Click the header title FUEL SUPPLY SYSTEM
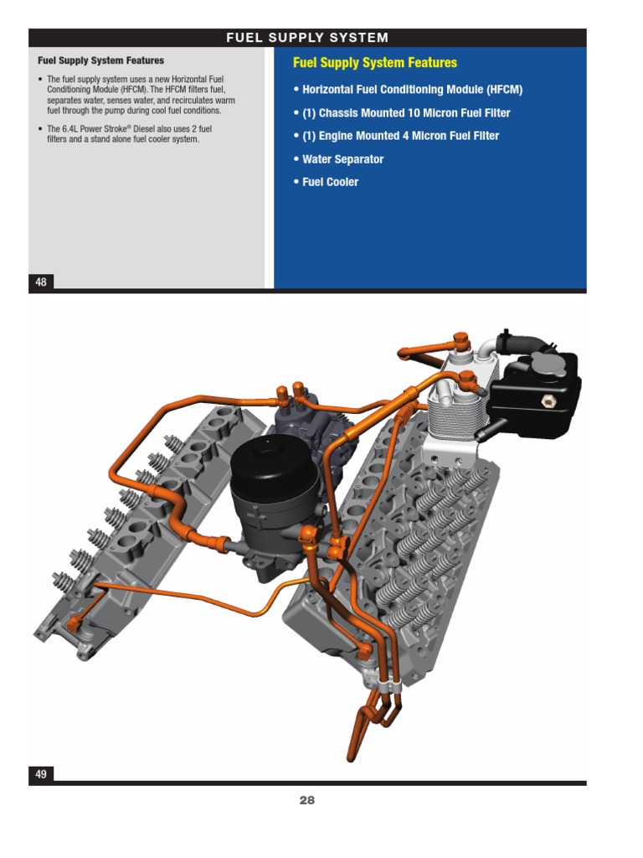(307, 38)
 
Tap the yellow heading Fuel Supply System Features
(374, 63)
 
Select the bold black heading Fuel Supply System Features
(100, 60)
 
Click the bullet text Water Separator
(342, 159)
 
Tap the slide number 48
(41, 282)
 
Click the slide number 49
(41, 774)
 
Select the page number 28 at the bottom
(307, 800)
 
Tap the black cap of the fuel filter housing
(273, 463)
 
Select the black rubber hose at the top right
(519, 344)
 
